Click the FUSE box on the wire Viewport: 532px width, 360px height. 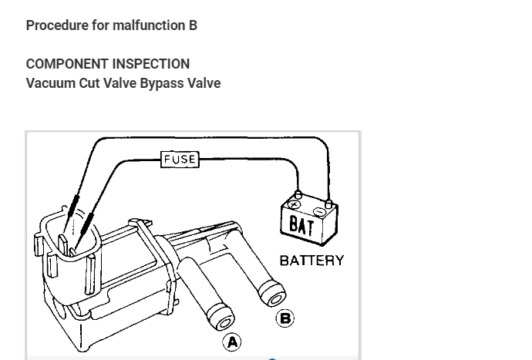click(180, 160)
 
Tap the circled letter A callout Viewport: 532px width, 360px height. click(231, 341)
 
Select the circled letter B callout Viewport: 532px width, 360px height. click(285, 318)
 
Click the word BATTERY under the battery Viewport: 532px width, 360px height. click(311, 260)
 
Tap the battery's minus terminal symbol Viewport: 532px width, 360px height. click(320, 210)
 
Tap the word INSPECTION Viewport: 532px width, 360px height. click(150, 64)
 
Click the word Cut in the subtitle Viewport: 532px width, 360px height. click(89, 83)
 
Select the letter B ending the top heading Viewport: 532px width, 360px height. click(193, 25)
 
